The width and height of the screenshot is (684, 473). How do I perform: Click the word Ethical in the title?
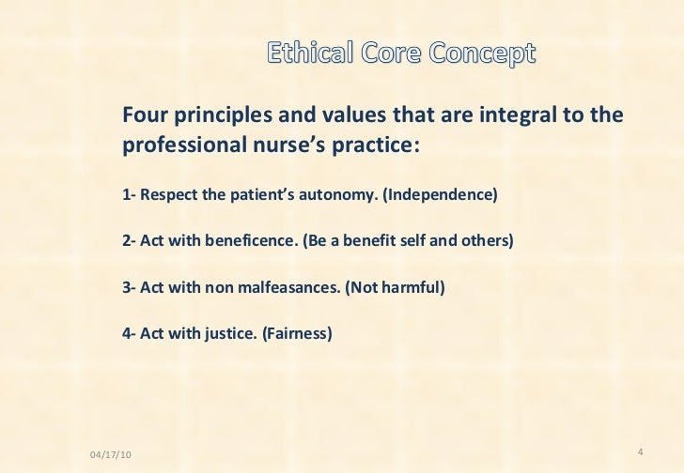pyautogui.click(x=305, y=54)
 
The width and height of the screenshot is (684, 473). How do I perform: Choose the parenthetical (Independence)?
pyautogui.click(x=441, y=196)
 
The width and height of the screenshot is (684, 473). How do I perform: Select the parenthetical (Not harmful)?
pyautogui.click(x=394, y=286)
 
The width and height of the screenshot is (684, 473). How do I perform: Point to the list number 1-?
pyautogui.click(x=129, y=196)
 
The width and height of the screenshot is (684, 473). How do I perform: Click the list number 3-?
pyautogui.click(x=129, y=286)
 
